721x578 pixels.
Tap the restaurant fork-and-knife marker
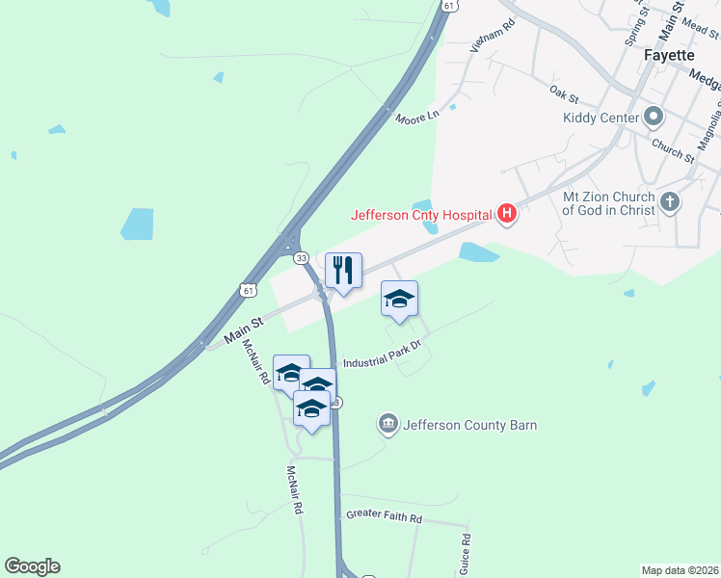(343, 270)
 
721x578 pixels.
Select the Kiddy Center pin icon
(654, 118)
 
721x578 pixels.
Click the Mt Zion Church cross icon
(670, 203)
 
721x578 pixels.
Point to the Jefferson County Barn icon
(388, 424)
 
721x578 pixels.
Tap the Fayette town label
(668, 55)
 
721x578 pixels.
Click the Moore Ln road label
(417, 117)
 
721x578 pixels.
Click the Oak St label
(563, 93)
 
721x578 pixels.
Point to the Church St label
(672, 149)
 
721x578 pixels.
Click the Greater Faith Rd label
(385, 517)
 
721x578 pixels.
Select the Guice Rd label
(464, 554)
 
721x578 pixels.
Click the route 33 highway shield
(302, 258)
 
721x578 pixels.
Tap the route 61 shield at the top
(449, 5)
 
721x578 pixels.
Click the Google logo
(32, 566)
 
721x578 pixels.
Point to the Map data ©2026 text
(680, 569)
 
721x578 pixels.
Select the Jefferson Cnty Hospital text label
(421, 216)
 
